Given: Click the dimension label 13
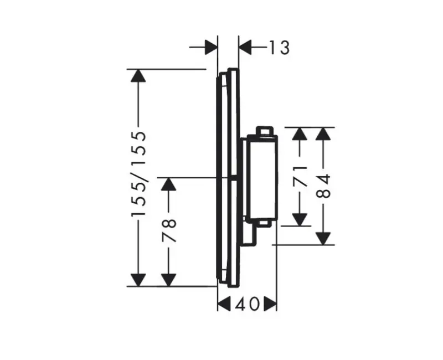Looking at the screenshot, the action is pyautogui.click(x=279, y=48).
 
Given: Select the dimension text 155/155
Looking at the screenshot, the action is pyautogui.click(x=138, y=174).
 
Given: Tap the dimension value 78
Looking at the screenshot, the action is pyautogui.click(x=169, y=230).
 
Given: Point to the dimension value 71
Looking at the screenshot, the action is pyautogui.click(x=300, y=176).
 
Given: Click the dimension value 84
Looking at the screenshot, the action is pyautogui.click(x=323, y=186).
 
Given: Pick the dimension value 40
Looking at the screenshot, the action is pyautogui.click(x=246, y=304).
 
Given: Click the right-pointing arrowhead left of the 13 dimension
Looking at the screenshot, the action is pyautogui.click(x=210, y=47).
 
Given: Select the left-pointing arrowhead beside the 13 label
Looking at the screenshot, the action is pyautogui.click(x=245, y=47).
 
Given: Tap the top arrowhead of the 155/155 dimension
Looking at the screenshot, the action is pyautogui.click(x=138, y=76).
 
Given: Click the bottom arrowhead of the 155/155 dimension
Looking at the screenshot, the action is pyautogui.click(x=138, y=280).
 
